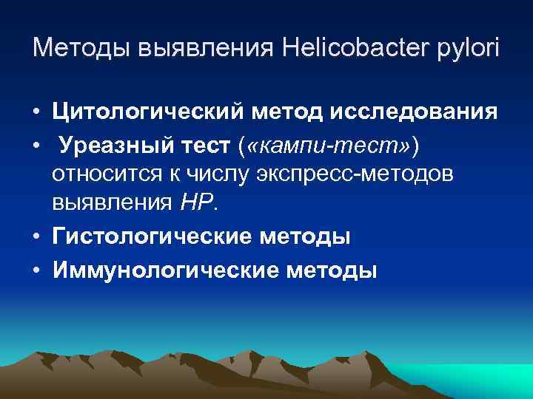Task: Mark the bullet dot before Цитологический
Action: (36, 112)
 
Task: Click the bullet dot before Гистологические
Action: (36, 238)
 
